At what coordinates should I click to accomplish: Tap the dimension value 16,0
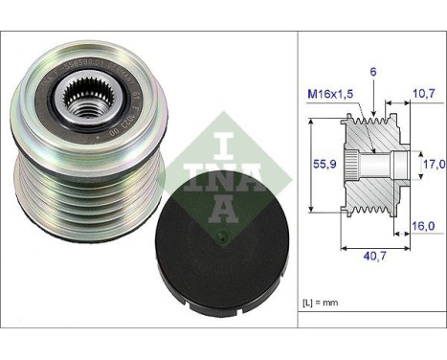click(x=424, y=226)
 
